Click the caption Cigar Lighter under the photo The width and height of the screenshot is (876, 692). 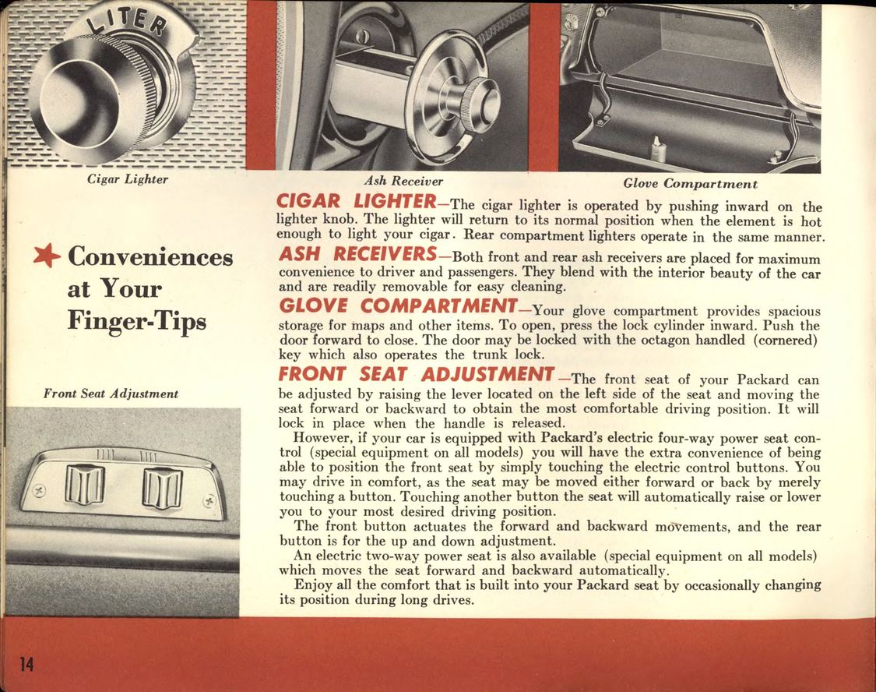coord(127,179)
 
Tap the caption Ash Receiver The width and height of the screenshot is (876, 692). coord(403,181)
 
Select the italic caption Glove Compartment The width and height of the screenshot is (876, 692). coord(690,184)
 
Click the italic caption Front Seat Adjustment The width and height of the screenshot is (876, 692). coord(111,394)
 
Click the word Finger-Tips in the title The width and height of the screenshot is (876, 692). coord(137,321)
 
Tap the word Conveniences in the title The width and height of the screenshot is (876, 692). coord(150,256)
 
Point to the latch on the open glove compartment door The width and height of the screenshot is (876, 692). coord(659,148)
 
